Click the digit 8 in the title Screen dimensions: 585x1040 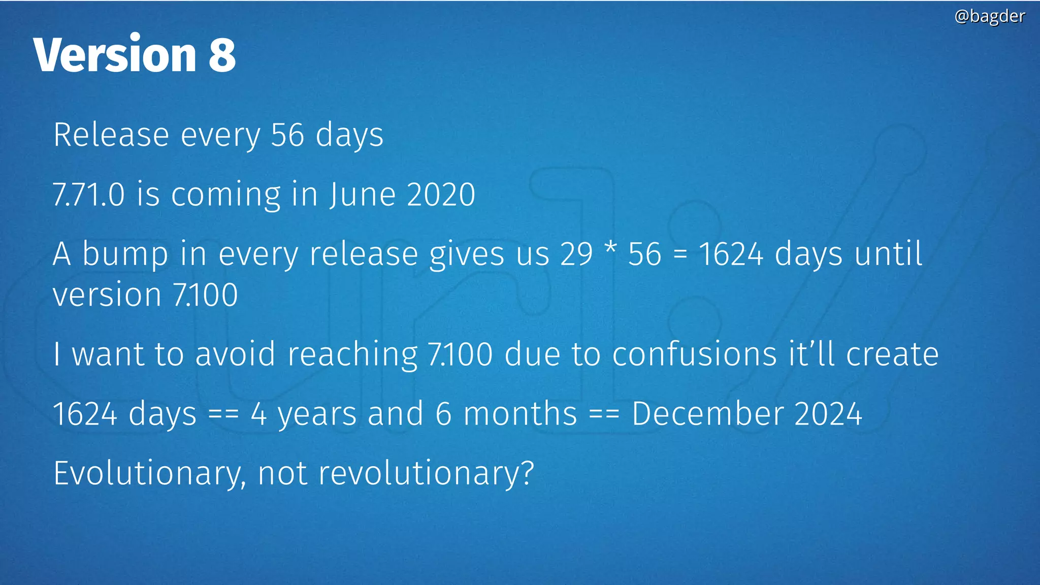click(222, 55)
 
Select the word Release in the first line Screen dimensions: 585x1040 click(111, 135)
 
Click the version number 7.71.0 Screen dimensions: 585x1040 click(88, 194)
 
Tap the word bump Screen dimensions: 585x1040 click(125, 254)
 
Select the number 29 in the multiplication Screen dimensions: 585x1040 click(576, 254)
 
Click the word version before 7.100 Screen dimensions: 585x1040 click(107, 295)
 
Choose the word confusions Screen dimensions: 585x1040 click(694, 354)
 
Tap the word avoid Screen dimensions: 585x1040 click(235, 354)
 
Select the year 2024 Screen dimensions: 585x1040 click(828, 413)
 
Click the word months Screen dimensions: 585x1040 click(521, 413)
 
